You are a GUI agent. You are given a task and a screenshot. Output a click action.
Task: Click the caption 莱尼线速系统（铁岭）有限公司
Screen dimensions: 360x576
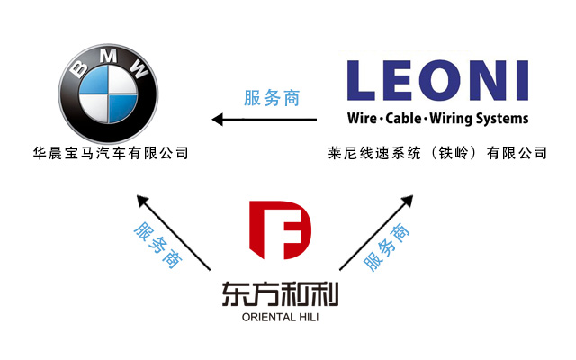tap(437, 154)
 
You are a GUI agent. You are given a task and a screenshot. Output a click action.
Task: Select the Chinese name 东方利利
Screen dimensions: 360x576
tap(282, 295)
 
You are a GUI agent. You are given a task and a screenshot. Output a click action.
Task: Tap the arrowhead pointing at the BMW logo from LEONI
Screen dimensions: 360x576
tap(216, 119)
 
